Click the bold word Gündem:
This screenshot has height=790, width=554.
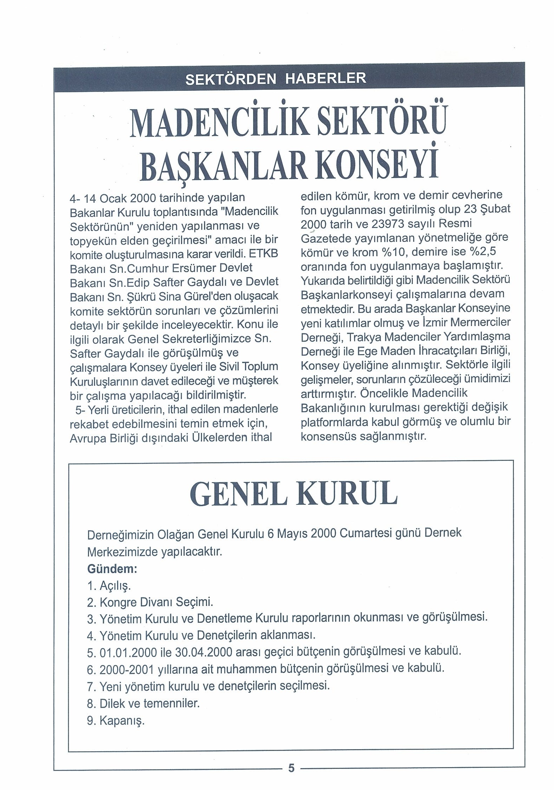[112, 569]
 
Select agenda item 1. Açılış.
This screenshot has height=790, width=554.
[109, 586]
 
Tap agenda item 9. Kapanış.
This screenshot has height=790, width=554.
[116, 721]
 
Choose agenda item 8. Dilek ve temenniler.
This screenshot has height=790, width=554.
[143, 703]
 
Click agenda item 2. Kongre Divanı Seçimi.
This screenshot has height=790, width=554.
[150, 603]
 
